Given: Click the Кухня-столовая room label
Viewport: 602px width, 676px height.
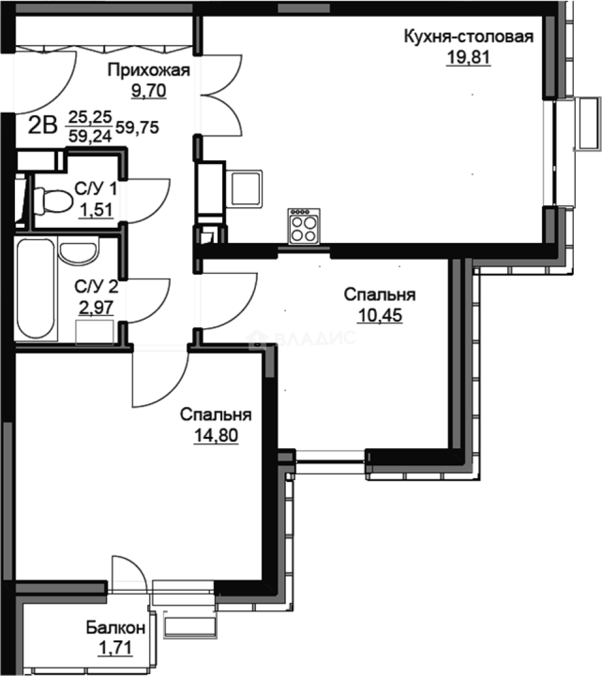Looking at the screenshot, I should (x=468, y=36).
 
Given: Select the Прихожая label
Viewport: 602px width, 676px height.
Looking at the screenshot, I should (x=148, y=70).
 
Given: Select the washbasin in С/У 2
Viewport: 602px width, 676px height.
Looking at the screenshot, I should (x=78, y=252).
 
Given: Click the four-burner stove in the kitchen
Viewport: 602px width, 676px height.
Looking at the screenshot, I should (x=304, y=227).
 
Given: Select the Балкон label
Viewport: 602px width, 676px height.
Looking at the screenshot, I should (x=116, y=628).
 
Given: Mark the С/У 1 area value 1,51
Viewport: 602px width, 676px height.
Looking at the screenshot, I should (x=96, y=210).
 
